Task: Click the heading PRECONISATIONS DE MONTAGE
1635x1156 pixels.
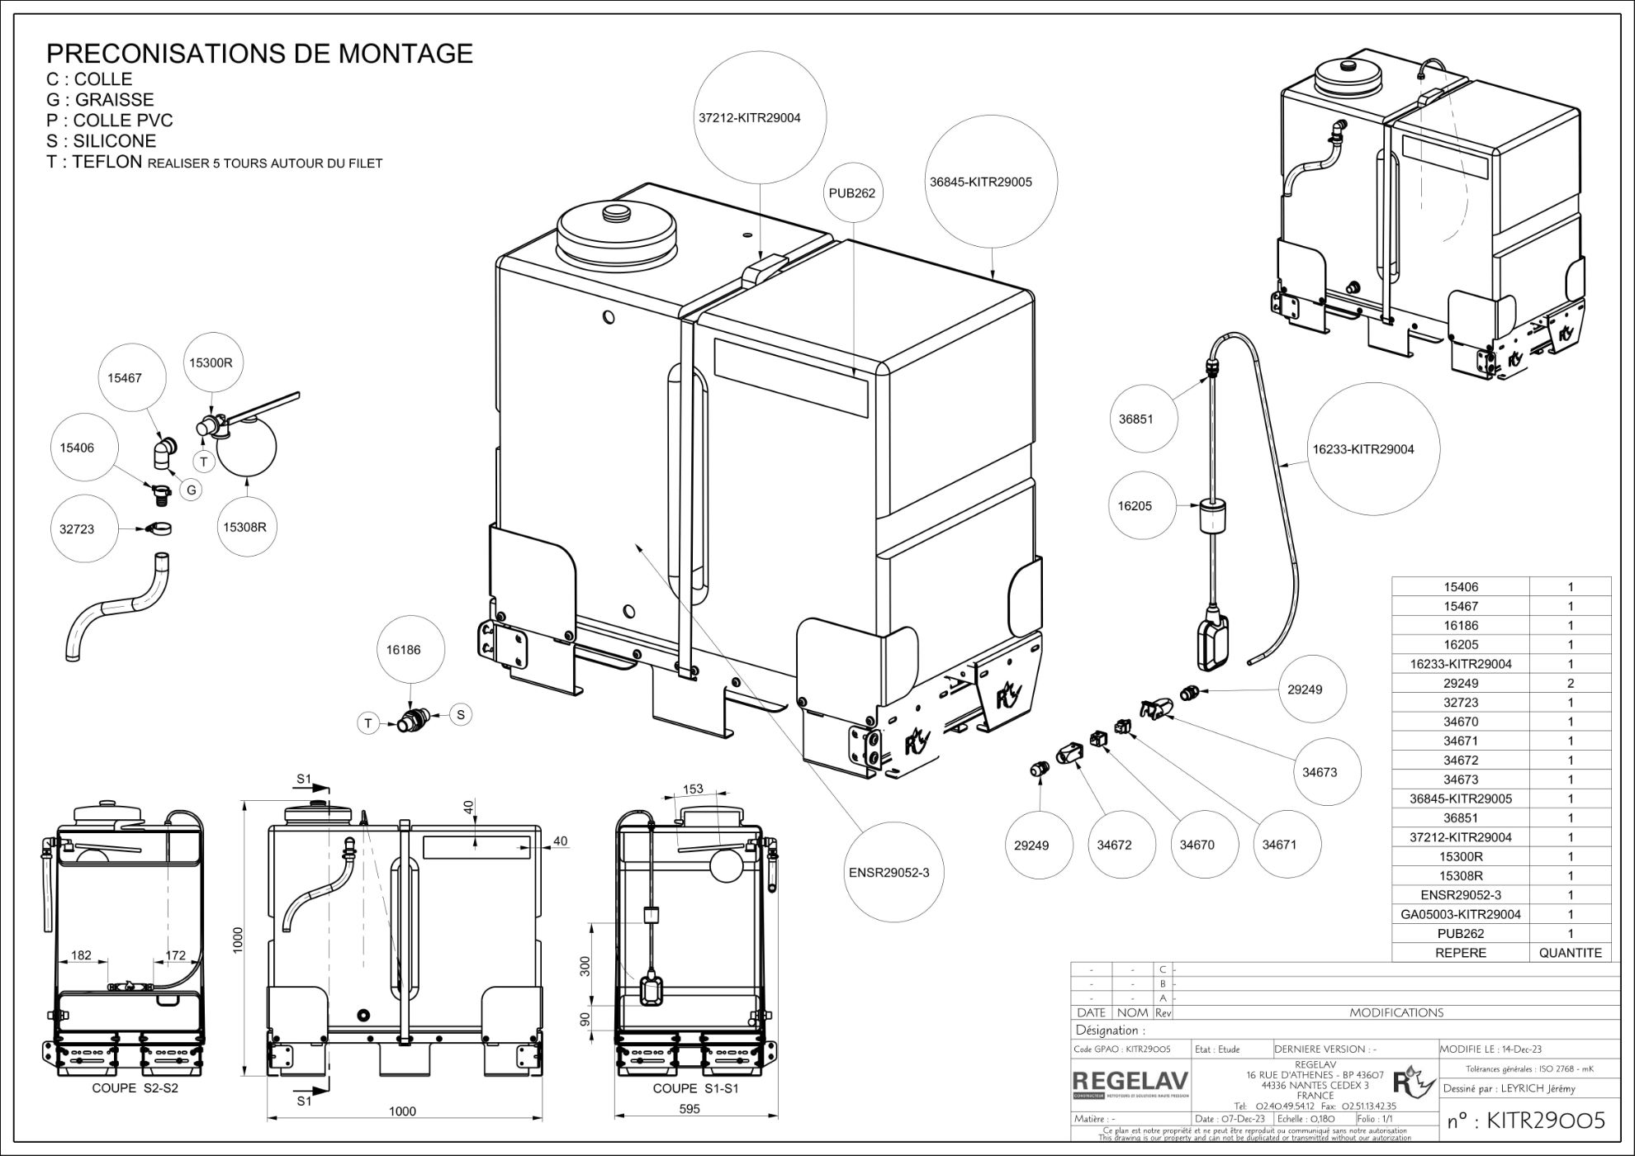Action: pyautogui.click(x=259, y=54)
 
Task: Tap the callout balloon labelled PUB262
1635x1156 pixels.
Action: pyautogui.click(x=851, y=193)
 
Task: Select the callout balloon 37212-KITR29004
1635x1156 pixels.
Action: pyautogui.click(x=749, y=118)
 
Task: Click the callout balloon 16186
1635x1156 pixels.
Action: pyautogui.click(x=403, y=650)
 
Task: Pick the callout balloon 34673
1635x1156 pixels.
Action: pyautogui.click(x=1319, y=772)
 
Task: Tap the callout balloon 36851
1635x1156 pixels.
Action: pyautogui.click(x=1135, y=419)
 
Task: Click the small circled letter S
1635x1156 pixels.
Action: pyautogui.click(x=461, y=714)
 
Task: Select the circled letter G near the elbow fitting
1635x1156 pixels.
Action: pyautogui.click(x=192, y=490)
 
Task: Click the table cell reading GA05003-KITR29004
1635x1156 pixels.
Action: pyautogui.click(x=1460, y=914)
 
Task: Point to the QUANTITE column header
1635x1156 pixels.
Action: pyautogui.click(x=1570, y=952)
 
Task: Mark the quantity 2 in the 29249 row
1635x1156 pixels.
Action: pyautogui.click(x=1570, y=683)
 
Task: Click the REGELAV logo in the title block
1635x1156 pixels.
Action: pyautogui.click(x=1130, y=1081)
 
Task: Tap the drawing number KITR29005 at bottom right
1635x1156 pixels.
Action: pyautogui.click(x=1527, y=1120)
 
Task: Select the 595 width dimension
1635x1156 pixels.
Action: pyautogui.click(x=689, y=1109)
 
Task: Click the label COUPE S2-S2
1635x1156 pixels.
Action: pyautogui.click(x=135, y=1088)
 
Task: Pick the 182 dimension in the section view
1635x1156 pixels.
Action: pyautogui.click(x=81, y=955)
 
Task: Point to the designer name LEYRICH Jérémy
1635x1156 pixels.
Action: pyautogui.click(x=1538, y=1088)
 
